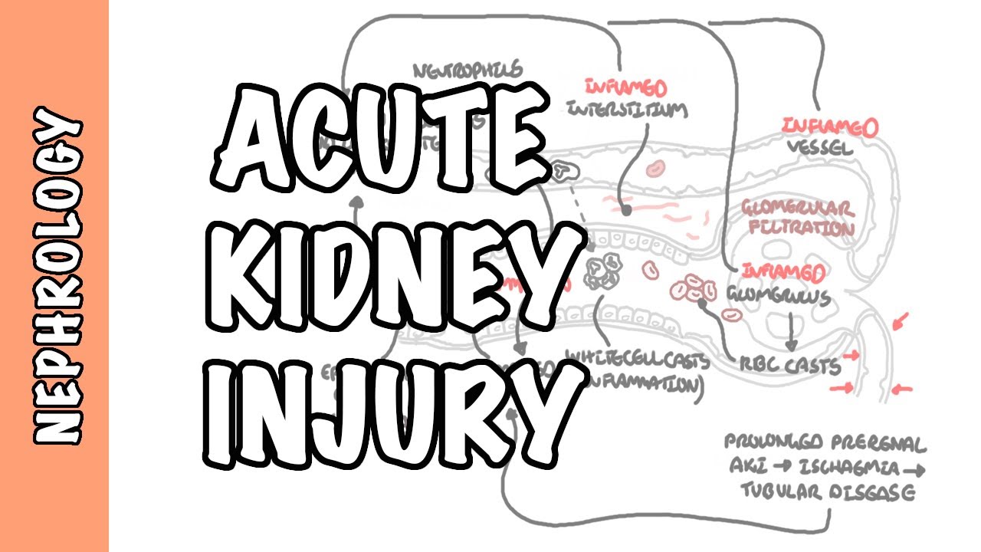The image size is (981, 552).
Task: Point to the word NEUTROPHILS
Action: point(468,71)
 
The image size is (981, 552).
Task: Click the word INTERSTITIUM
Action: point(627,110)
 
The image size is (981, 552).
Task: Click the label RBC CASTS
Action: point(789,367)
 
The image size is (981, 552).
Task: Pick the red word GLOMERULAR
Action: point(796,207)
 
